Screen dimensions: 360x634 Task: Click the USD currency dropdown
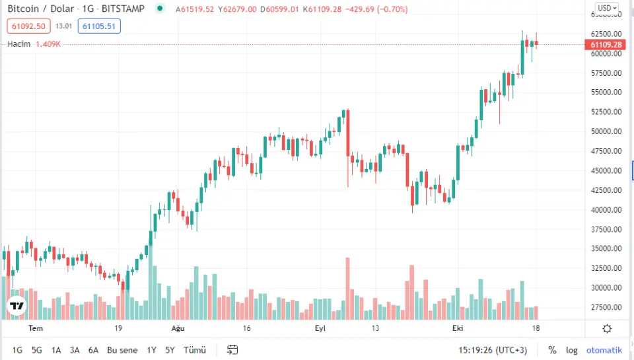coord(607,9)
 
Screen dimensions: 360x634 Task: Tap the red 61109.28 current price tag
coord(606,44)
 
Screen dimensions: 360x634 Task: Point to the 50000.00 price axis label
coord(606,131)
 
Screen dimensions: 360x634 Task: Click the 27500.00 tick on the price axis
coord(606,307)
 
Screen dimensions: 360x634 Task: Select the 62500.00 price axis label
coord(606,34)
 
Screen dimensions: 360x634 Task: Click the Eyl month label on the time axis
coord(320,328)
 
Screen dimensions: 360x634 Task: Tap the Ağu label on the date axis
coord(177,328)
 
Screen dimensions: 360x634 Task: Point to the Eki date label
coord(458,328)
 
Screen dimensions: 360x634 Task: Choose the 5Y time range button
coord(170,350)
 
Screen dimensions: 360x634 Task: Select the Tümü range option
coord(194,350)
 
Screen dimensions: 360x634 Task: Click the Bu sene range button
coord(122,350)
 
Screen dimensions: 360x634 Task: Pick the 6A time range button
coord(93,350)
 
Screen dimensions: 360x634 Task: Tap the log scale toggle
coord(571,350)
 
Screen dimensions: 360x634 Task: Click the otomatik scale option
coord(604,350)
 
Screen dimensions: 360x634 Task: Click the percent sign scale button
coord(552,350)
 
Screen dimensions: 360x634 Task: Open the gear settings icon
coord(607,328)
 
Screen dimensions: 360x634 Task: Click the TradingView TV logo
coord(17,306)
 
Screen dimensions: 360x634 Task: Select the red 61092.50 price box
coord(27,26)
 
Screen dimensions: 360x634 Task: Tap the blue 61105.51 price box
coord(98,26)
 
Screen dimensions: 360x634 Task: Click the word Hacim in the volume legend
coord(19,44)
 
